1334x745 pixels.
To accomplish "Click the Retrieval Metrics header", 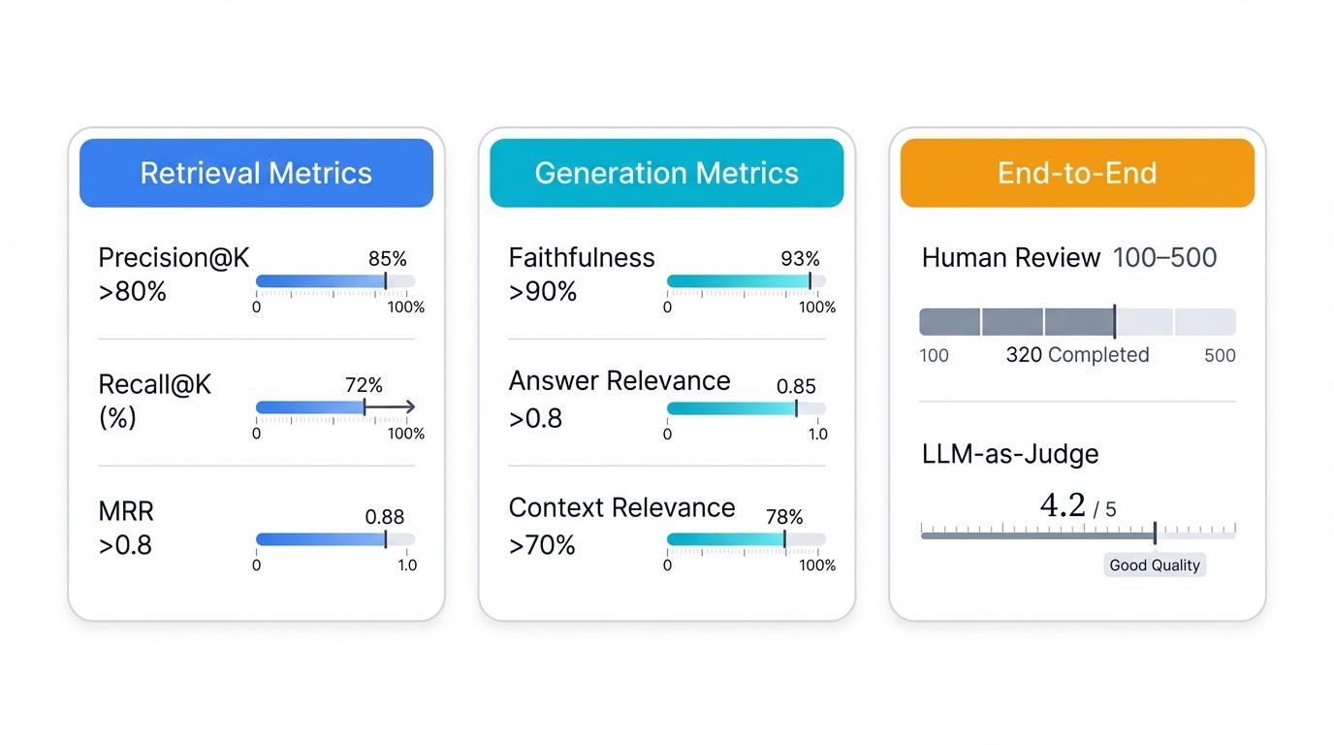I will click(256, 173).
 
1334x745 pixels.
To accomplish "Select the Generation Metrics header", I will click(666, 173).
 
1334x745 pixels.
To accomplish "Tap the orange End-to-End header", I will click(1077, 173).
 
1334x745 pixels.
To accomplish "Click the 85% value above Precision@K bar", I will click(387, 259).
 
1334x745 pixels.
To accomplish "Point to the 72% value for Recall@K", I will click(364, 385).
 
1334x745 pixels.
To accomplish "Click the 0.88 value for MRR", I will click(385, 517).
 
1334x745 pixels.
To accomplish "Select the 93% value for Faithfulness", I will click(800, 259).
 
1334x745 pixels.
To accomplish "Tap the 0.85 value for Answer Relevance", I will click(796, 386).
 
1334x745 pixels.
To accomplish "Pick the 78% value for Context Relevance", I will click(785, 517).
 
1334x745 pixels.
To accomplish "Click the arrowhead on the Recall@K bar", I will click(409, 407).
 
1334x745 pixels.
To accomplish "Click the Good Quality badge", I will click(1155, 566).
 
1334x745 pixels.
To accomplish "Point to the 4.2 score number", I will click(1063, 505).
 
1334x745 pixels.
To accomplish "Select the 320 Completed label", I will click(1077, 355).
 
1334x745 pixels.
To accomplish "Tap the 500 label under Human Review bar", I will click(1220, 355).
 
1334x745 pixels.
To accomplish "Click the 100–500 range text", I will click(1164, 258).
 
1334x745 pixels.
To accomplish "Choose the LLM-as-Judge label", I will click(1010, 453).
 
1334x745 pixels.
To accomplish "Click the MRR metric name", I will click(126, 511).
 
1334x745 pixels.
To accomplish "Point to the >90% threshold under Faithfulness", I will click(543, 291).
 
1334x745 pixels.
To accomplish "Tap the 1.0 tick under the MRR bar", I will click(407, 565).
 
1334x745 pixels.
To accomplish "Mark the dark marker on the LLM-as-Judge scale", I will click(1155, 533).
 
